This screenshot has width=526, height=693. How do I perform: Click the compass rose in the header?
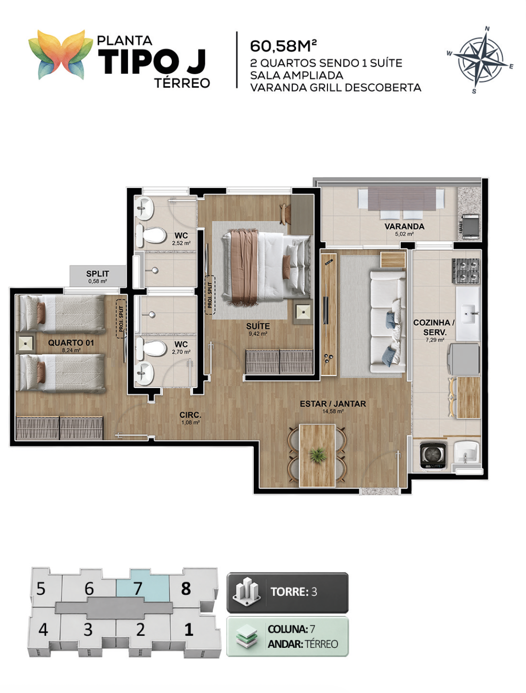click(480, 60)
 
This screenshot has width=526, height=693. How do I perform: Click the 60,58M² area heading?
click(283, 46)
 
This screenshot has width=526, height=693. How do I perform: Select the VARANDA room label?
click(404, 226)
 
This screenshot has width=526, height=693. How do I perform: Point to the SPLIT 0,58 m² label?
click(98, 276)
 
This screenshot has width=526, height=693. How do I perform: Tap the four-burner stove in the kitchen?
click(465, 270)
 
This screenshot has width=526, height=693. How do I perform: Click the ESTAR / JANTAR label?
click(333, 404)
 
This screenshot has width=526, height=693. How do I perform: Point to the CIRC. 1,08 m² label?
click(190, 418)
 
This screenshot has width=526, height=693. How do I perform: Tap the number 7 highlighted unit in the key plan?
click(138, 588)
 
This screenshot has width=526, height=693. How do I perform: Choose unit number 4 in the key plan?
click(43, 629)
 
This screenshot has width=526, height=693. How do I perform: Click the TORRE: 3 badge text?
click(294, 592)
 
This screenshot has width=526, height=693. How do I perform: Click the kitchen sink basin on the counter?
click(468, 313)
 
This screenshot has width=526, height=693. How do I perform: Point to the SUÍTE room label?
click(258, 326)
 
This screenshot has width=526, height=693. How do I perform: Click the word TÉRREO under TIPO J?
click(182, 83)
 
